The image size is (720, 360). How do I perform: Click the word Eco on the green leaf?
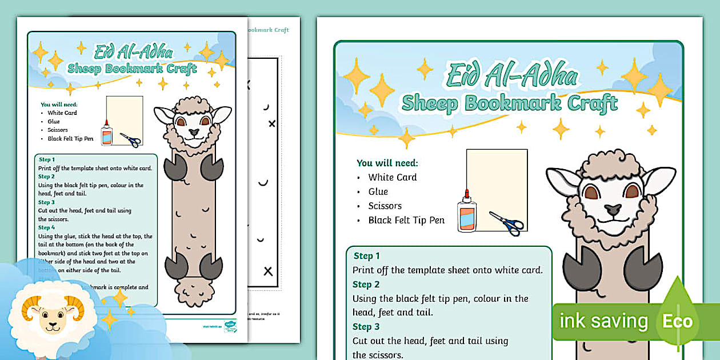(x=677, y=321)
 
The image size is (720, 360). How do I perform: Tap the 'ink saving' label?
(x=603, y=321)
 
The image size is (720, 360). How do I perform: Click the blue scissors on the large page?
(x=506, y=222)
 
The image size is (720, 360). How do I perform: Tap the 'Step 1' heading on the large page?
(x=366, y=256)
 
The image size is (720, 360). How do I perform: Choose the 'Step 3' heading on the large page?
(x=366, y=327)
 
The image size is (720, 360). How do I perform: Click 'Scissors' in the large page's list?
(x=385, y=206)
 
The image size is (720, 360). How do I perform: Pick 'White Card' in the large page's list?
(x=393, y=177)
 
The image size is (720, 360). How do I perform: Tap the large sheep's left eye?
(x=591, y=193)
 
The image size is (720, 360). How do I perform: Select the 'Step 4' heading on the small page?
(x=46, y=227)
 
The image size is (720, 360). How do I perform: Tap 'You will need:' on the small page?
(x=59, y=105)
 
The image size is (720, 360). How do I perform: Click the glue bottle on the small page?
(x=106, y=134)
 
